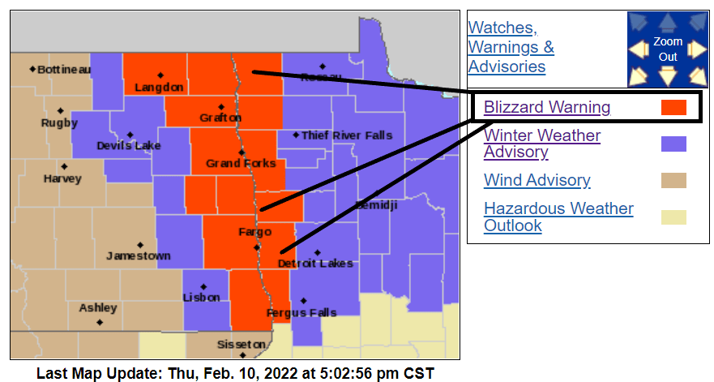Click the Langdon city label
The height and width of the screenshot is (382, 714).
(159, 87)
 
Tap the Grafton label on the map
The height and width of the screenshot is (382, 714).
(220, 118)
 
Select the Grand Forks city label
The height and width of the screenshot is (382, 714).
(241, 163)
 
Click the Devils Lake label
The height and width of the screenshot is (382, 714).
(128, 145)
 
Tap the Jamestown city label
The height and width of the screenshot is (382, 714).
(139, 255)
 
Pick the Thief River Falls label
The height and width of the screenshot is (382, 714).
(346, 135)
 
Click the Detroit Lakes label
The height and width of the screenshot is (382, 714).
(315, 264)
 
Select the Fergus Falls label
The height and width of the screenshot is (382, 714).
(301, 312)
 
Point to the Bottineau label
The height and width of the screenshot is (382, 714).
(64, 70)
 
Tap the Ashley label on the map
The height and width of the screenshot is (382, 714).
(98, 308)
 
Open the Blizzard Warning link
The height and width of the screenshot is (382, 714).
(547, 107)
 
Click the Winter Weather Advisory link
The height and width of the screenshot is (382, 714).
(542, 144)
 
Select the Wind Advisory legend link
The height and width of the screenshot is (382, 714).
(537, 180)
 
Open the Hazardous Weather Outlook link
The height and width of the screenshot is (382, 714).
(558, 217)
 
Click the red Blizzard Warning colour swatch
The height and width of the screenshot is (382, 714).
(673, 107)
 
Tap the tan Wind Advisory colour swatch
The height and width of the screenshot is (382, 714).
(673, 180)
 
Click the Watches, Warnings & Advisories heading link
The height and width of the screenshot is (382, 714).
(511, 47)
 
